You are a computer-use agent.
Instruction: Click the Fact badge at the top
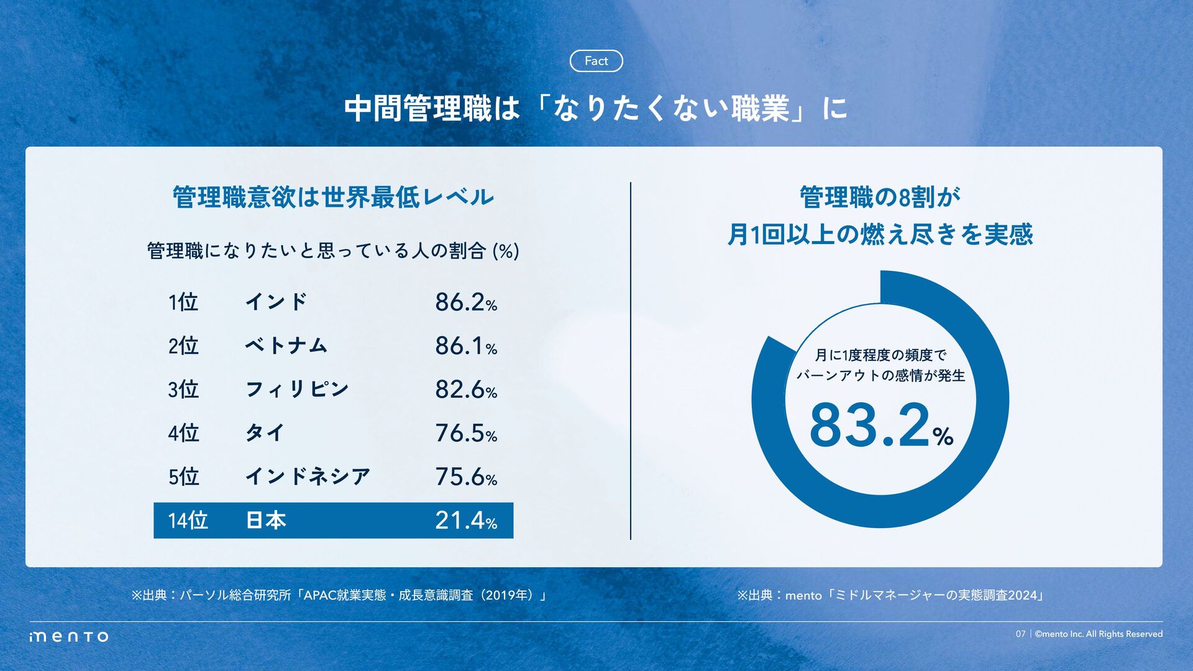click(x=596, y=61)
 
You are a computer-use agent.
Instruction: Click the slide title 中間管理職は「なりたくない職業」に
click(x=595, y=109)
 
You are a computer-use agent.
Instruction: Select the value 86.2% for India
click(x=465, y=303)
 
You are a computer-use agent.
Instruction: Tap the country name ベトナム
click(x=286, y=345)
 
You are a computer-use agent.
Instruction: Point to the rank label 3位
click(x=183, y=390)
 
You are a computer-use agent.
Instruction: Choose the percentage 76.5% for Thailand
click(x=465, y=434)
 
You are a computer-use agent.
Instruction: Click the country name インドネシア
click(x=308, y=477)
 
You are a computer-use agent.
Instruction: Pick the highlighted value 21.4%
click(x=465, y=521)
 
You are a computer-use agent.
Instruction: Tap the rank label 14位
click(x=188, y=521)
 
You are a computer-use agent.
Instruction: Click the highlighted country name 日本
click(x=265, y=521)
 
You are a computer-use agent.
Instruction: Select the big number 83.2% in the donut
click(x=880, y=426)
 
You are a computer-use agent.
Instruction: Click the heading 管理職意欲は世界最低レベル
click(x=333, y=198)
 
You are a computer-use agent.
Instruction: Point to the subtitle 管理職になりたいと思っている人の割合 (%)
click(x=333, y=251)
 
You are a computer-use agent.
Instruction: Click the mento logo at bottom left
click(x=69, y=636)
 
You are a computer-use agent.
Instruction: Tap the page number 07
click(x=1020, y=634)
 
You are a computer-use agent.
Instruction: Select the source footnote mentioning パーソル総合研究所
click(x=339, y=595)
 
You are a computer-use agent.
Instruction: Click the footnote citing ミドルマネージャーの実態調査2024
click(x=890, y=595)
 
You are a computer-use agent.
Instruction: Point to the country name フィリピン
click(x=297, y=390)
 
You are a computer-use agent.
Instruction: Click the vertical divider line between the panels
click(x=631, y=360)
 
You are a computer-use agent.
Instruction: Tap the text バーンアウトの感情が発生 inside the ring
click(x=880, y=375)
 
